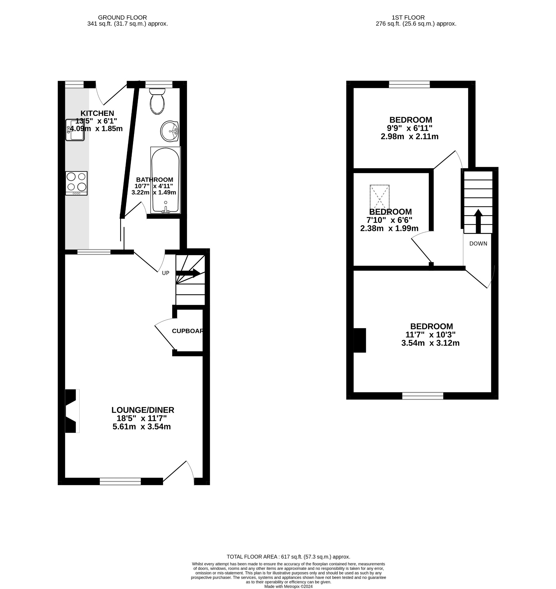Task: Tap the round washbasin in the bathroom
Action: click(x=170, y=131)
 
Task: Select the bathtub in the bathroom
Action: click(x=165, y=180)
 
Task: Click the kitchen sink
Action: click(x=75, y=130)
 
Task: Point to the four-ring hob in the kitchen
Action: click(x=76, y=183)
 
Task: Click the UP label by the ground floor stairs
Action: click(x=166, y=273)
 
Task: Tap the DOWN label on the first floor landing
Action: click(x=478, y=244)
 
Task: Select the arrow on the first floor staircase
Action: click(x=478, y=221)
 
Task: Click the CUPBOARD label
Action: click(x=188, y=331)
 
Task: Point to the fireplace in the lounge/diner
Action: click(x=72, y=411)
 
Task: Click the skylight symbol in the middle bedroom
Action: click(x=379, y=198)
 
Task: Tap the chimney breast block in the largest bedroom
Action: click(x=360, y=340)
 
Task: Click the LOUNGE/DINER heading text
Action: click(x=143, y=410)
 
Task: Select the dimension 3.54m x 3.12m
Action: click(x=430, y=343)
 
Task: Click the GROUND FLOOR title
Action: click(x=122, y=18)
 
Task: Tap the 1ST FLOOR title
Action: click(x=408, y=18)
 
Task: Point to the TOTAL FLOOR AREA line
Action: click(x=288, y=557)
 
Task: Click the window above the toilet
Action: click(x=159, y=85)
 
